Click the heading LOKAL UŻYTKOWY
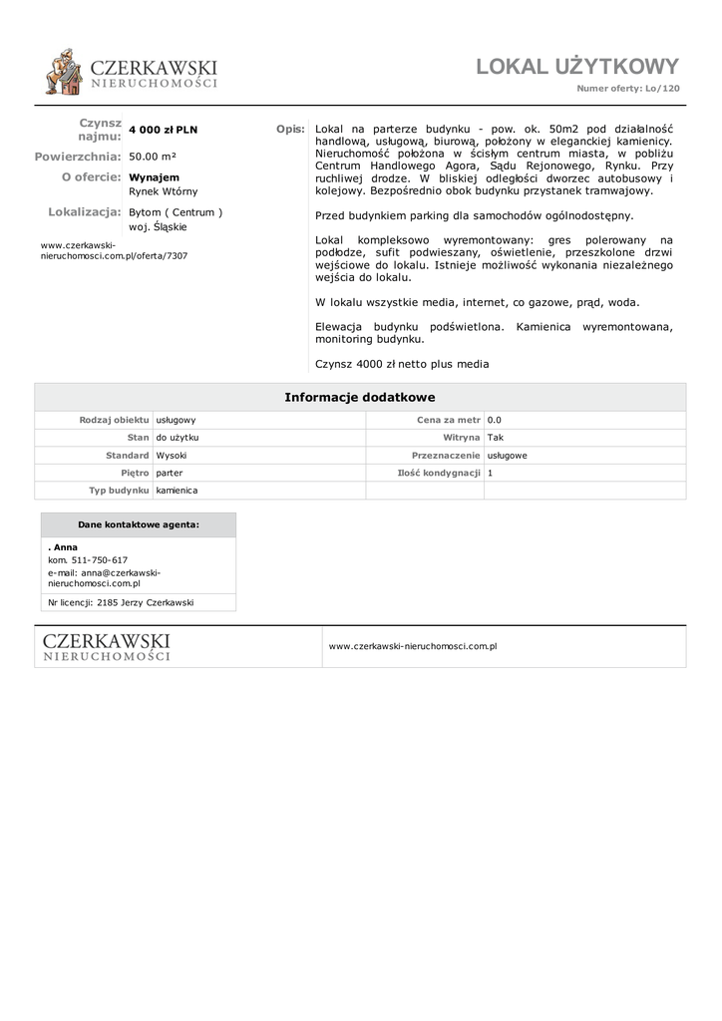(576, 67)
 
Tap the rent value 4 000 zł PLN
(164, 131)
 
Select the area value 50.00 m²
(153, 157)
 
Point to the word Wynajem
(155, 177)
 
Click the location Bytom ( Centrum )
(176, 212)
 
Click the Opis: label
(290, 130)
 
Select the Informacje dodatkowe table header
(360, 397)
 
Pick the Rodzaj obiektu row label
(114, 421)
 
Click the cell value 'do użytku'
(178, 438)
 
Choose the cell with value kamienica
(177, 491)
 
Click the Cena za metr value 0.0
(495, 421)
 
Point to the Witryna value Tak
(496, 438)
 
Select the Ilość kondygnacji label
(439, 473)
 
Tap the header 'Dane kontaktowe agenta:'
(138, 524)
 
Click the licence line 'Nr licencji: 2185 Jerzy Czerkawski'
(121, 602)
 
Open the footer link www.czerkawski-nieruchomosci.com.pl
(413, 646)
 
